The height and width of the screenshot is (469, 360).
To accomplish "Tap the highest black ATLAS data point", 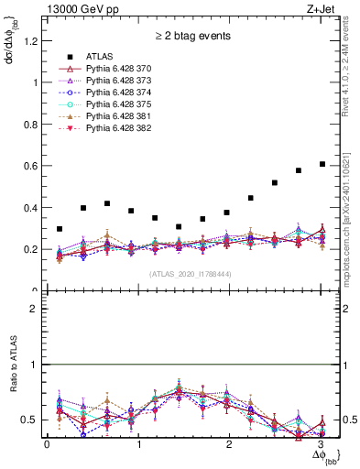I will click(x=322, y=164).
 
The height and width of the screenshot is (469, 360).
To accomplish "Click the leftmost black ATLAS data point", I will click(x=60, y=229).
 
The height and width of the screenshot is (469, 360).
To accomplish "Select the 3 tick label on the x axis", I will click(x=318, y=444).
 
